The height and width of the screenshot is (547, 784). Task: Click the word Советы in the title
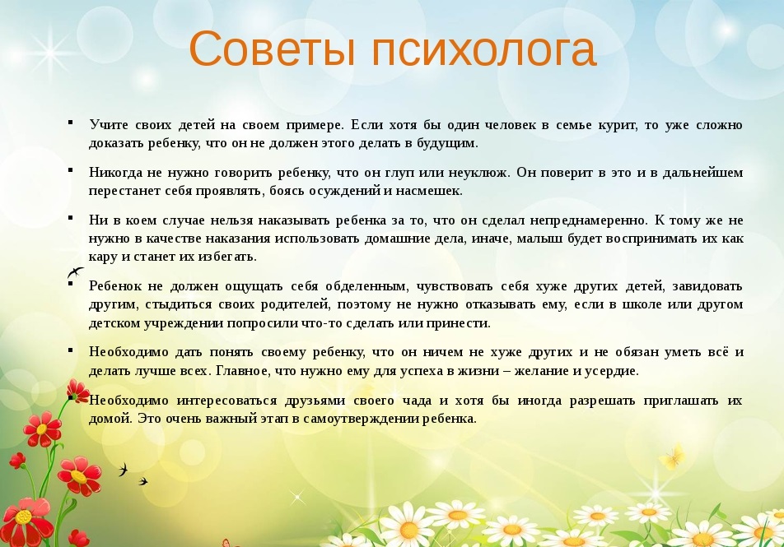(x=273, y=49)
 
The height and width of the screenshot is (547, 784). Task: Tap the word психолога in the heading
(x=484, y=49)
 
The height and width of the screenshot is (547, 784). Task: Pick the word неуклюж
(x=479, y=173)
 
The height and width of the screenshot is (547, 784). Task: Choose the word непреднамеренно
(x=589, y=220)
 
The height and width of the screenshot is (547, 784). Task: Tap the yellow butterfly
(x=673, y=457)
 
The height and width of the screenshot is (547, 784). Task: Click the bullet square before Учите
(x=71, y=122)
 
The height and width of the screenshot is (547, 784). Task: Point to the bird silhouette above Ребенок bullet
(x=75, y=272)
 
